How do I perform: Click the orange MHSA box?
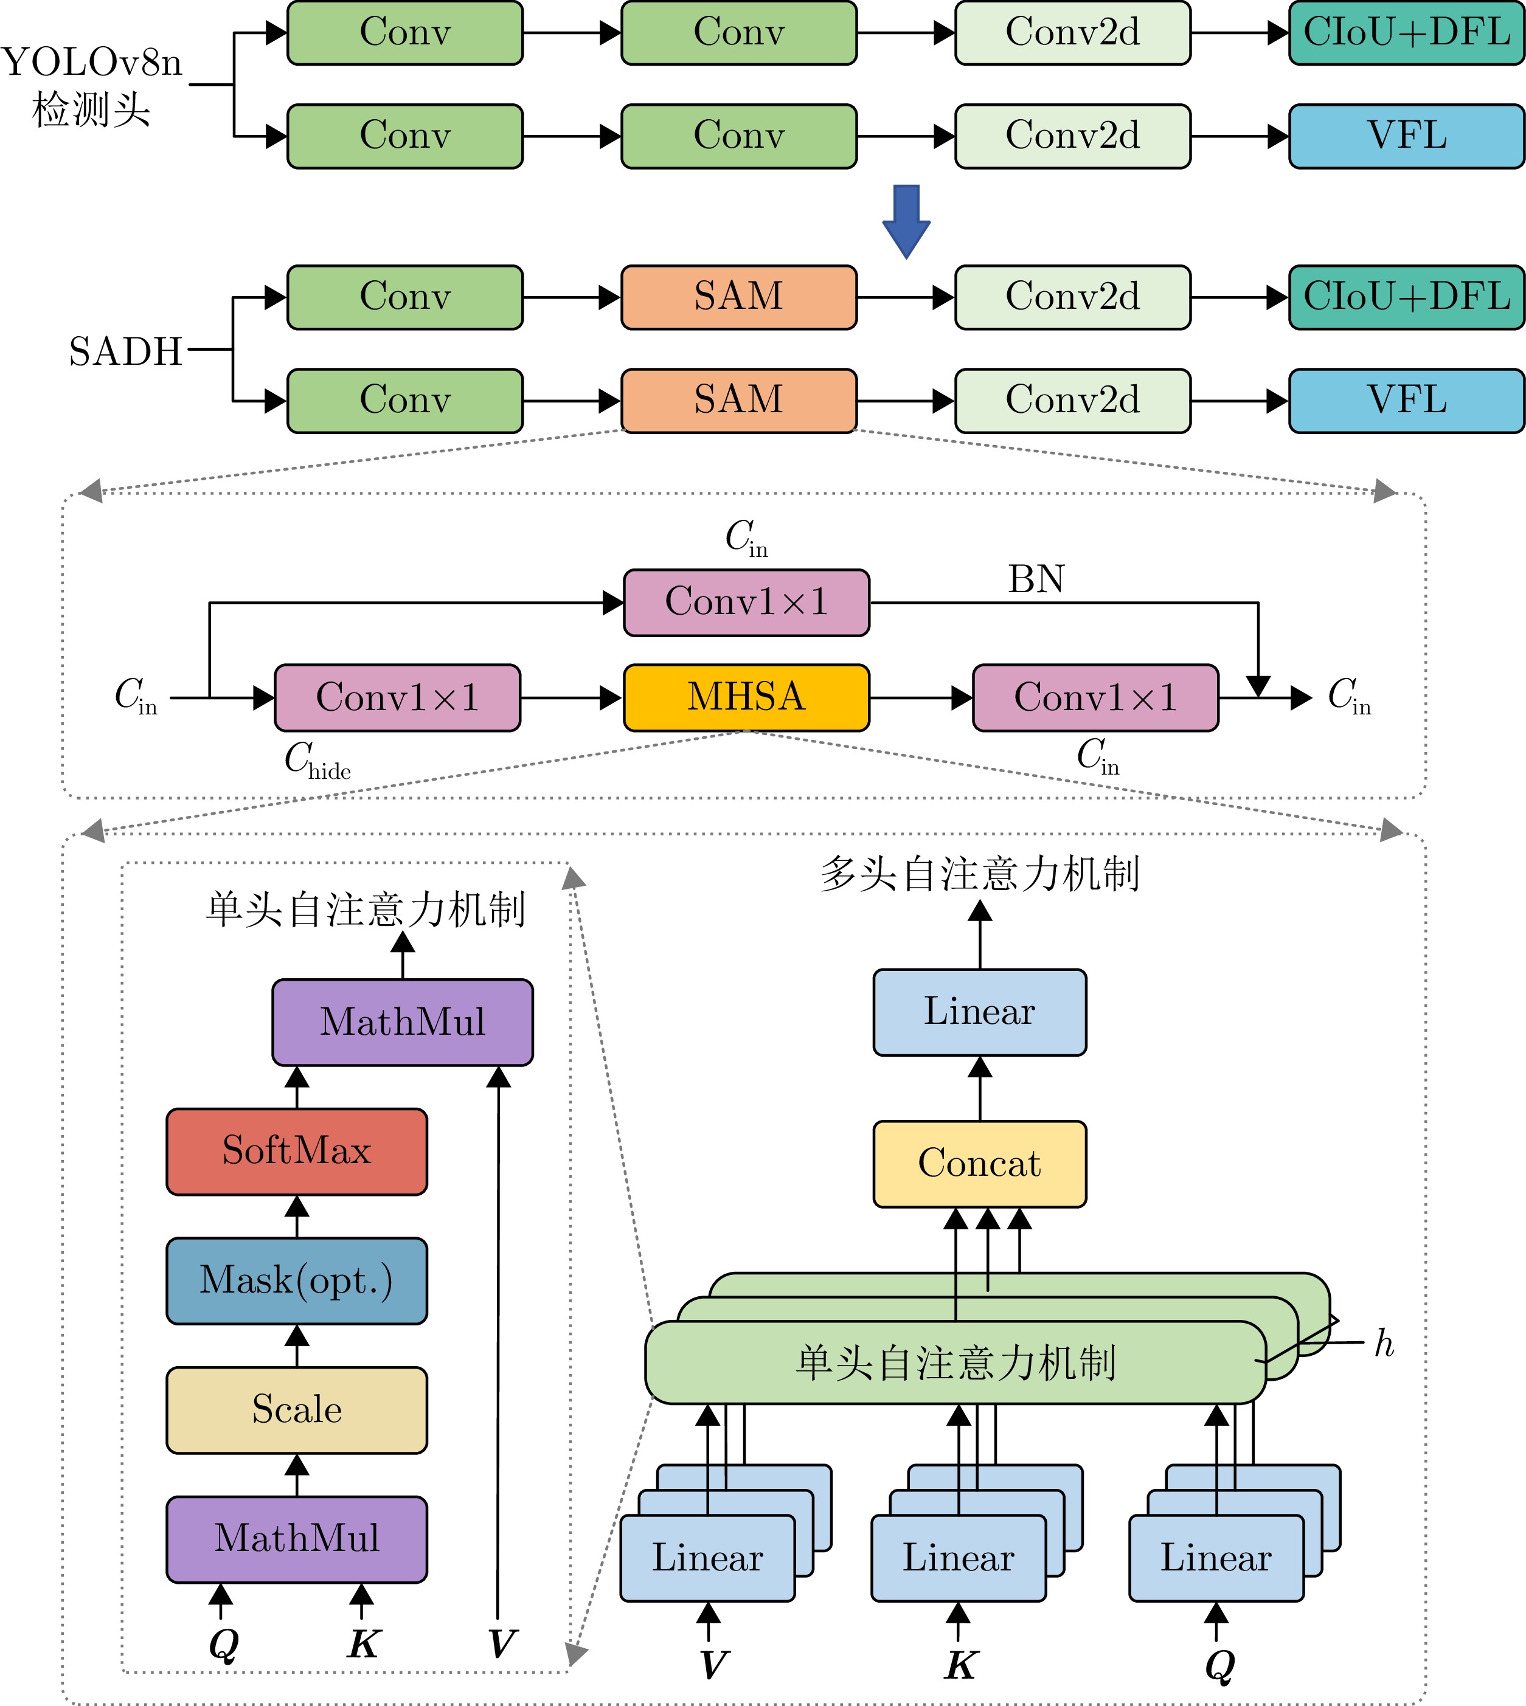746,697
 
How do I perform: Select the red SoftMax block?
297,1151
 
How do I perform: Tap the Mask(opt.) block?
297,1280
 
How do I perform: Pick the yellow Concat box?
979,1164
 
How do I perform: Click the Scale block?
297,1410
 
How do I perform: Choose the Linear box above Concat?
979,1012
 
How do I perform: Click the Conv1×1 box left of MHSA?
397,697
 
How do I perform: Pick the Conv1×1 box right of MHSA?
1095,697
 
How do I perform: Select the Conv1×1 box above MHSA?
746,602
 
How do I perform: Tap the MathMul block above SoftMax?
403,1022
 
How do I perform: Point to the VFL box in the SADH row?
1406,401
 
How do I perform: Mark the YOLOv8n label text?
92,63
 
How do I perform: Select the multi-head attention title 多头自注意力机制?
979,874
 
